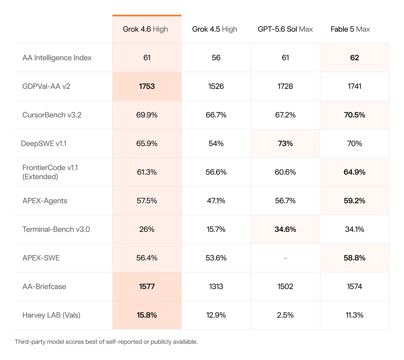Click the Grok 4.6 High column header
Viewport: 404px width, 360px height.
coord(145,29)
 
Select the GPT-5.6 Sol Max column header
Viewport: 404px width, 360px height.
coord(285,29)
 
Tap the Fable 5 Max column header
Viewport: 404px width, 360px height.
coord(350,29)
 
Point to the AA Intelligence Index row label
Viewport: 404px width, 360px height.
coord(57,58)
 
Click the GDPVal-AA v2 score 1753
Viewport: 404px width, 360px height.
coord(147,86)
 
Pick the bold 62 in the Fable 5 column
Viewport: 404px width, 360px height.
coord(355,58)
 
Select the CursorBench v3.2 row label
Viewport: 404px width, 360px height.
coord(52,115)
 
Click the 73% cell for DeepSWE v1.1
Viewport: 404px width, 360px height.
coord(285,144)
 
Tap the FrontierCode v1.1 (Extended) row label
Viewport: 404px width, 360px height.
coord(50,172)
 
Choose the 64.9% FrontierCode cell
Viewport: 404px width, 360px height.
coord(355,172)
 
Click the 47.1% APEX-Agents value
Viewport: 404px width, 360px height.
coord(216,201)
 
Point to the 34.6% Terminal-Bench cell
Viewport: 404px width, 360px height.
coord(285,229)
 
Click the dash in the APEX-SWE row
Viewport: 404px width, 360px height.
coord(285,258)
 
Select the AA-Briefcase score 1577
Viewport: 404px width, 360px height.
coord(147,286)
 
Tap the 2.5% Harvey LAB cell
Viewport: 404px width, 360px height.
coord(285,315)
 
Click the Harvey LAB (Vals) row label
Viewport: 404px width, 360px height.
coord(51,315)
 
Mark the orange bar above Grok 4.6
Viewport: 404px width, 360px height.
coord(147,15)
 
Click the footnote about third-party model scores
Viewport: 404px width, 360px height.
coord(106,341)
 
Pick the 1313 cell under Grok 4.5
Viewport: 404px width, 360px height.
coord(216,286)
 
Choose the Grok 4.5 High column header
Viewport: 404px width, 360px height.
coord(214,29)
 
